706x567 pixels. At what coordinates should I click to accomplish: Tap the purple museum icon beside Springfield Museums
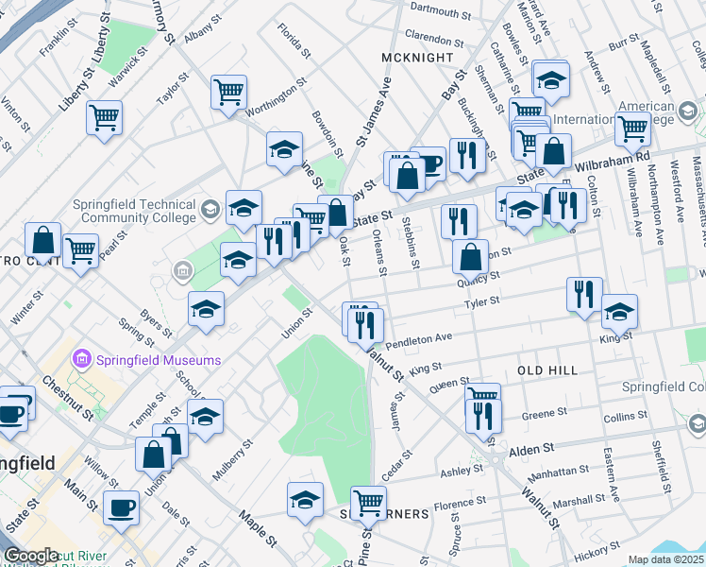pyautogui.click(x=81, y=359)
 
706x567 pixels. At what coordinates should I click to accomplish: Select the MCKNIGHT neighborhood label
pyautogui.click(x=412, y=58)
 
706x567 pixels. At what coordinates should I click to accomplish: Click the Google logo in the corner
pyautogui.click(x=31, y=556)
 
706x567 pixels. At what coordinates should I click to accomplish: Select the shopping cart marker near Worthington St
pyautogui.click(x=228, y=93)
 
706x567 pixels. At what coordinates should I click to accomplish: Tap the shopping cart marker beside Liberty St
pyautogui.click(x=104, y=118)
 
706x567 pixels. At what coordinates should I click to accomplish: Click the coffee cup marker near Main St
pyautogui.click(x=121, y=507)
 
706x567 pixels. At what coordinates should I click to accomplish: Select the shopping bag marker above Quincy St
pyautogui.click(x=470, y=255)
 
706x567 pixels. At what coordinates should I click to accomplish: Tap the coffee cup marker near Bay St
pyautogui.click(x=430, y=163)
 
